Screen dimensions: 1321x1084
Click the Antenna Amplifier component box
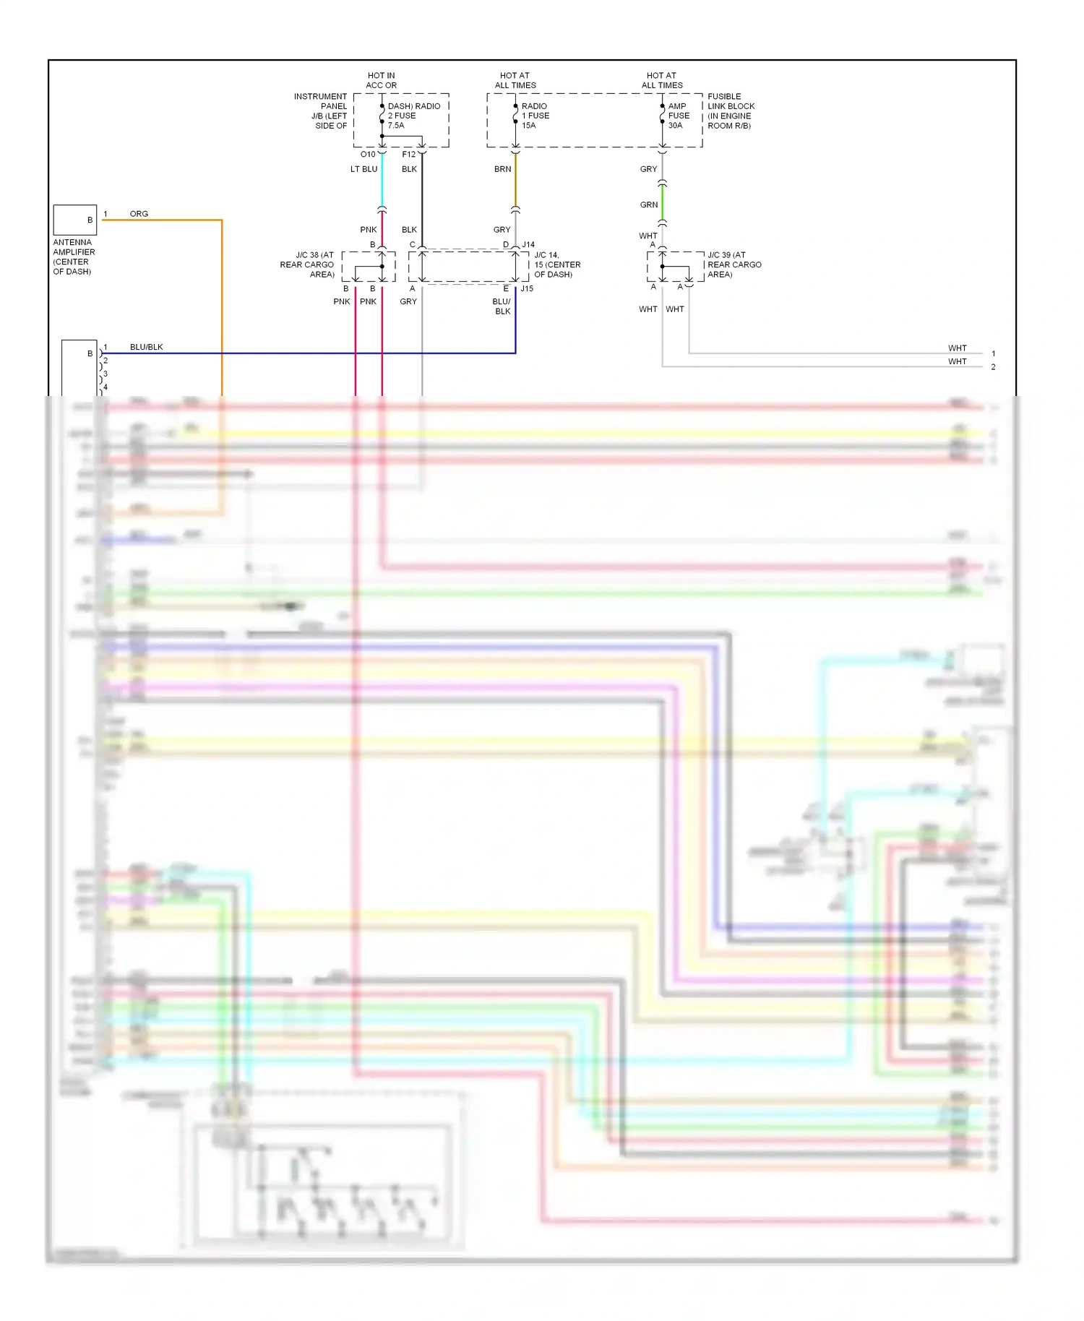[x=74, y=220]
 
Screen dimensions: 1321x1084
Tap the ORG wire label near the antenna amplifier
[x=139, y=214]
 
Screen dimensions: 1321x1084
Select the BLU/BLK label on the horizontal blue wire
[x=146, y=347]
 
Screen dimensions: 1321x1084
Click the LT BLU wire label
[x=364, y=169]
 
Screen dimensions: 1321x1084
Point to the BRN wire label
[x=502, y=169]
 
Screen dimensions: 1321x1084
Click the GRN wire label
[x=648, y=205]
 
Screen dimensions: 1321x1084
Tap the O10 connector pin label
[x=368, y=155]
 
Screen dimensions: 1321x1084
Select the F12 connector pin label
[x=409, y=155]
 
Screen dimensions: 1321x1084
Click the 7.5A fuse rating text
[x=396, y=126]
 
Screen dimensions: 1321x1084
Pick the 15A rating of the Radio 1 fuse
[x=528, y=126]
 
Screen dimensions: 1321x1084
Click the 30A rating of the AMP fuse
[x=675, y=126]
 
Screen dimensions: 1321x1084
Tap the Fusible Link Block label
[x=731, y=111]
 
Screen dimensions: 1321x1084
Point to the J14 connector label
[x=528, y=245]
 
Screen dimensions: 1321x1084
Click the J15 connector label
[x=527, y=288]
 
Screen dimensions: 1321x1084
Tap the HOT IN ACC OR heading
[x=381, y=80]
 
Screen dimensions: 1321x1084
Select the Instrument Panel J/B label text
[x=322, y=111]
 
